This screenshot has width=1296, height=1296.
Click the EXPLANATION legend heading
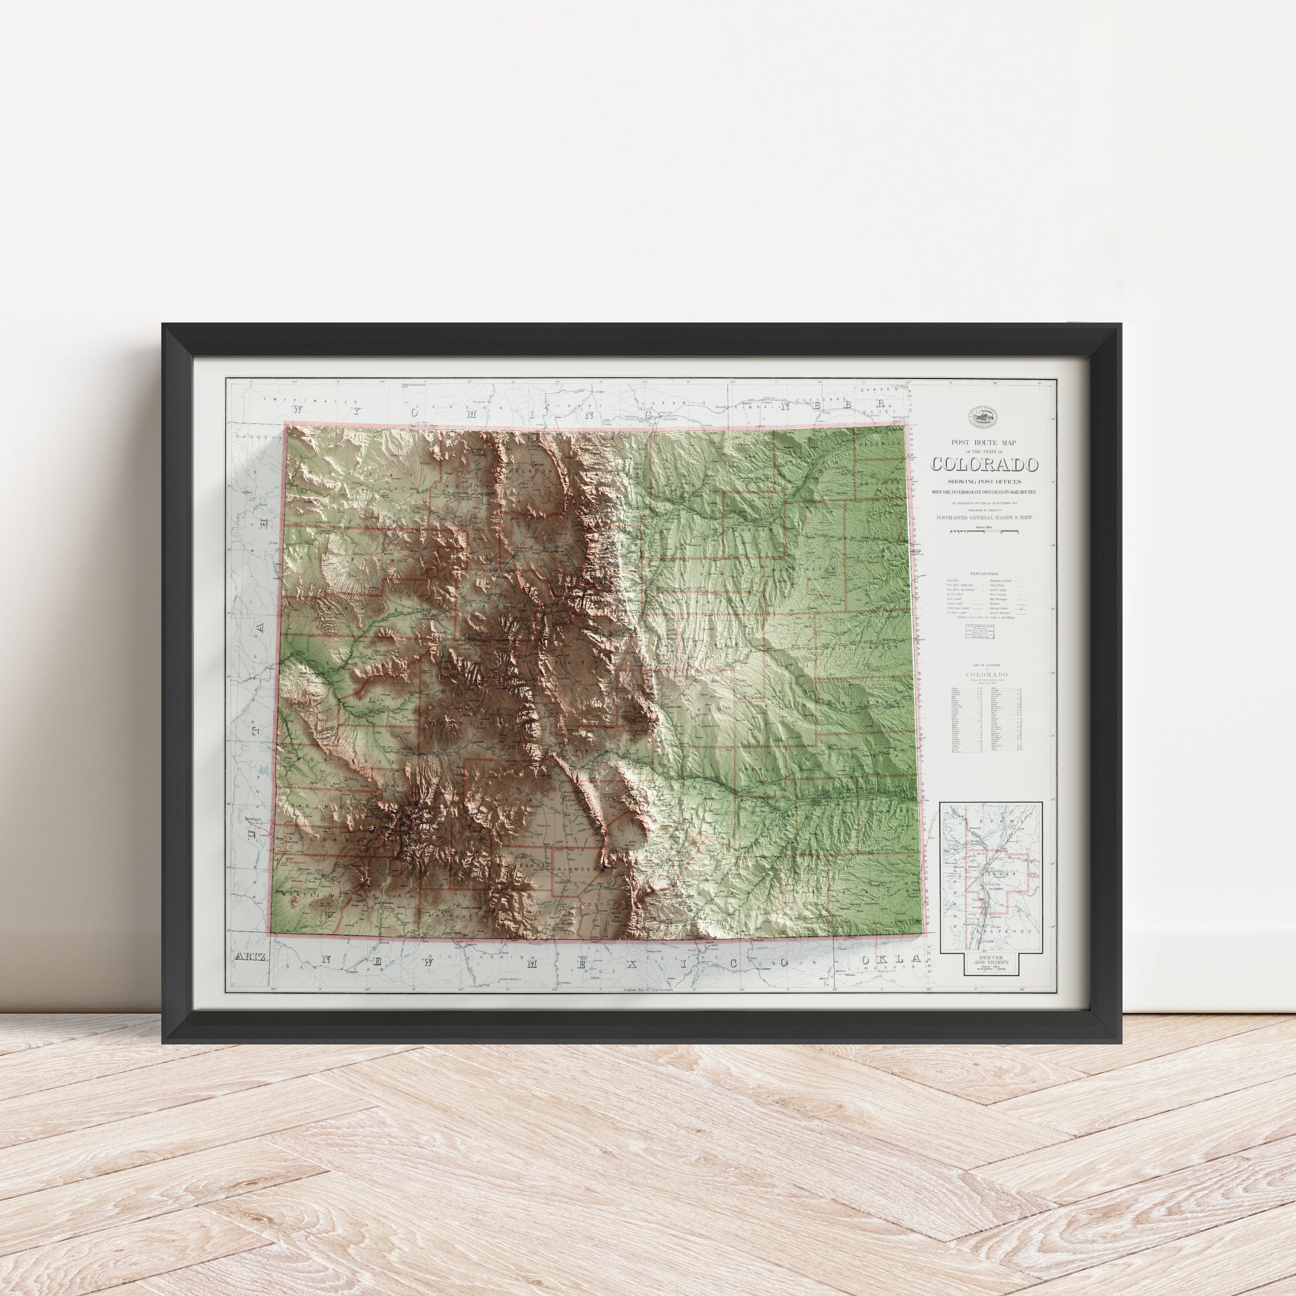[984, 574]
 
